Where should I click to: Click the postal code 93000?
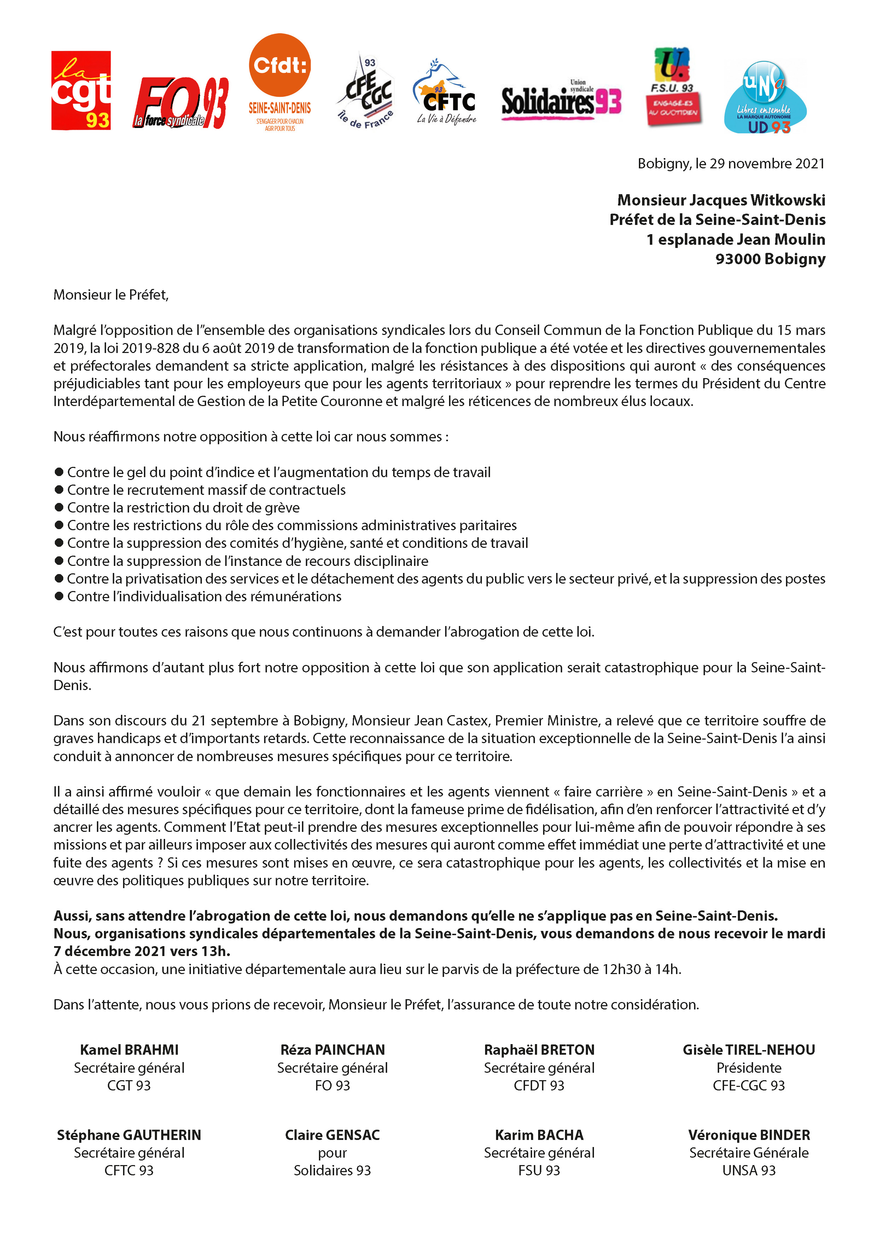coord(738,259)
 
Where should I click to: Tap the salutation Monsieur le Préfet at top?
coord(111,295)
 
